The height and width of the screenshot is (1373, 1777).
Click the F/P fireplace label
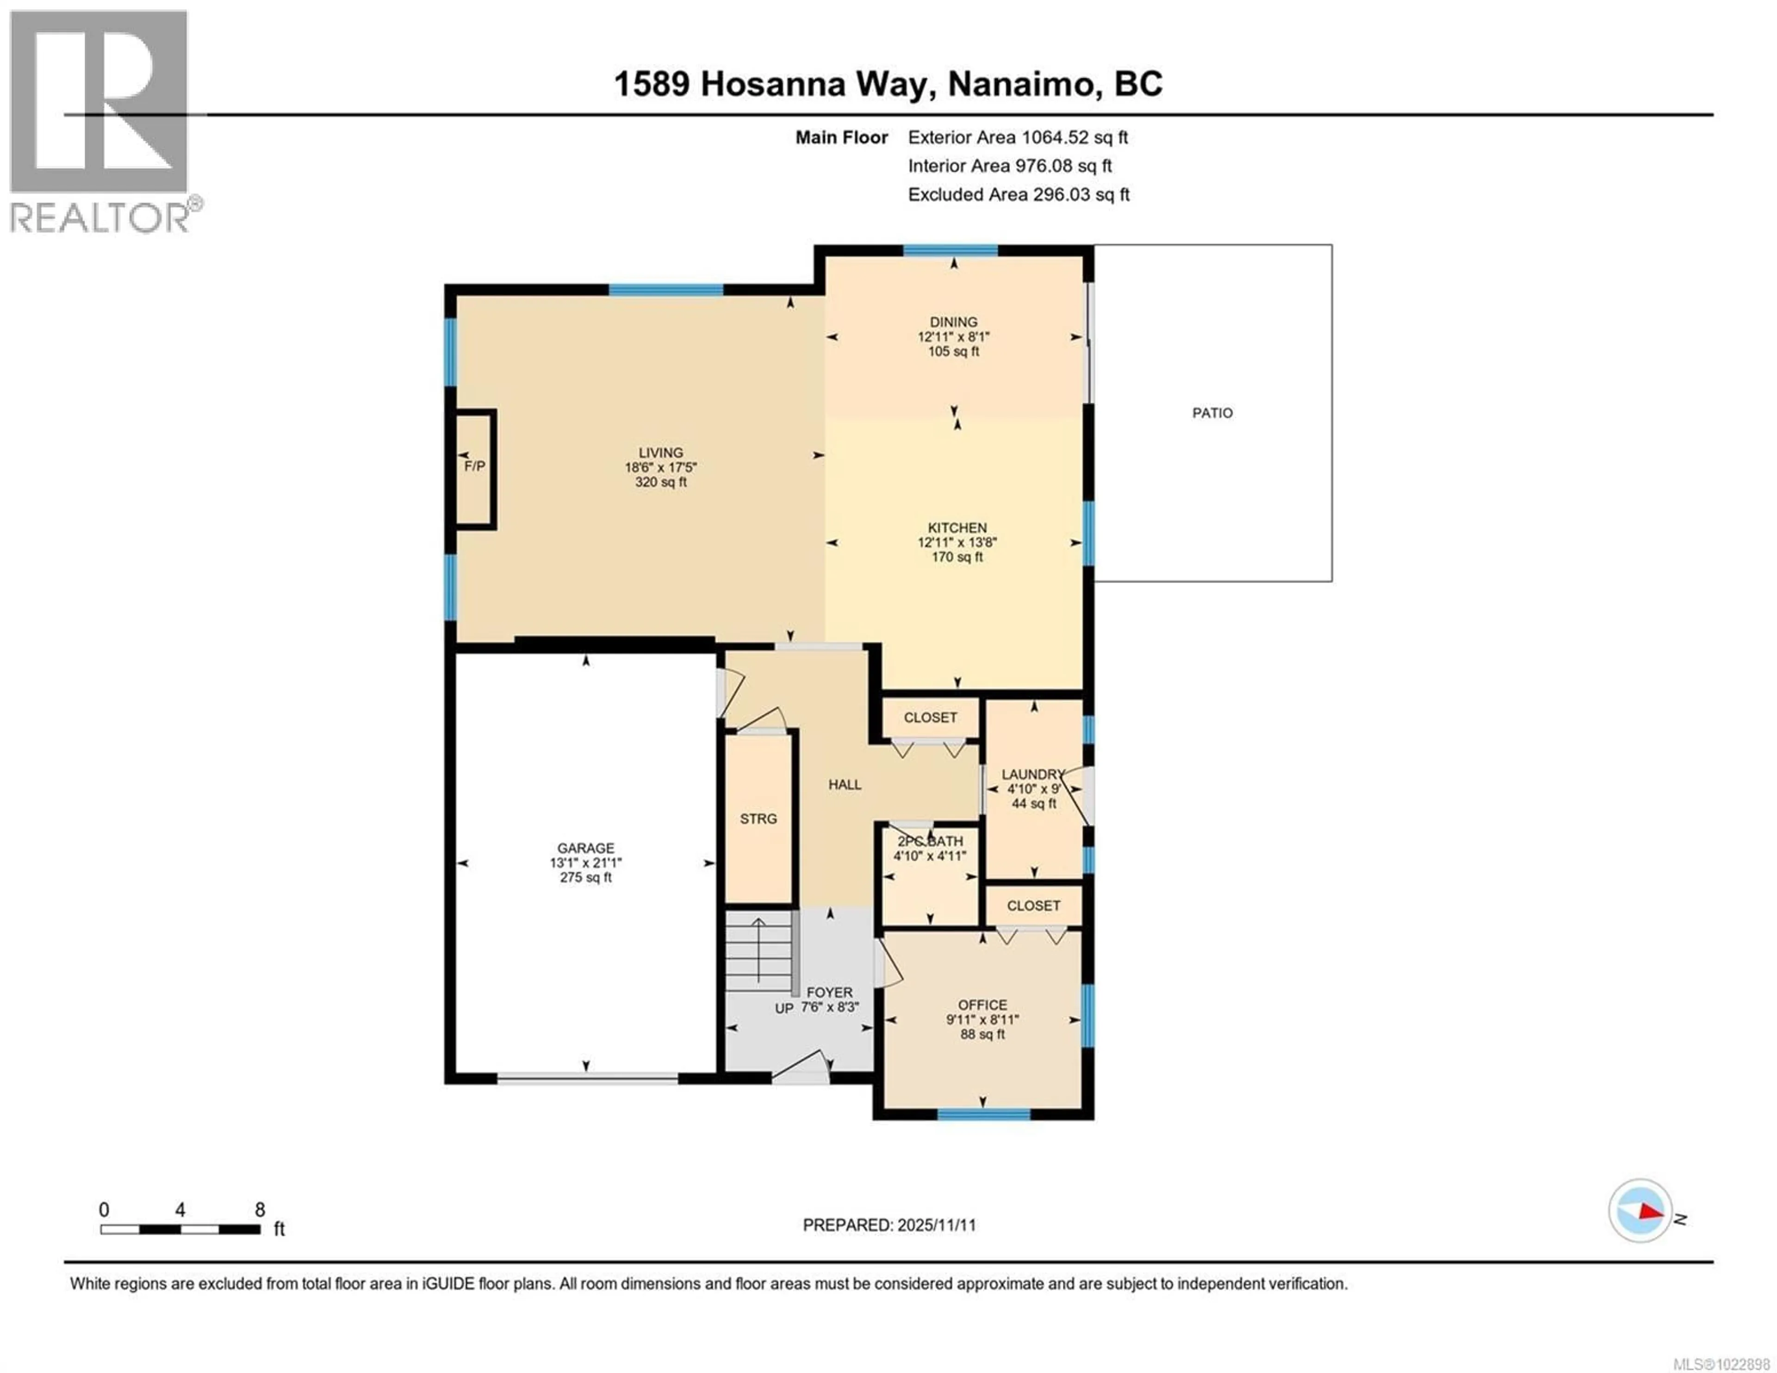474,466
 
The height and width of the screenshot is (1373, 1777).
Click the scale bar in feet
180,1229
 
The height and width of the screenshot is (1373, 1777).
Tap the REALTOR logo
99,122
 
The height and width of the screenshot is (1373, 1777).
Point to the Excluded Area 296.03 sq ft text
1018,194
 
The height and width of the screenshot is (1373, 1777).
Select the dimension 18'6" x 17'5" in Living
661,467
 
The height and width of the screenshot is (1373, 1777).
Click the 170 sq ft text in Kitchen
957,558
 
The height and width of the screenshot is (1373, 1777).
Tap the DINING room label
954,322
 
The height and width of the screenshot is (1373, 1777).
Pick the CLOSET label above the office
1033,906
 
